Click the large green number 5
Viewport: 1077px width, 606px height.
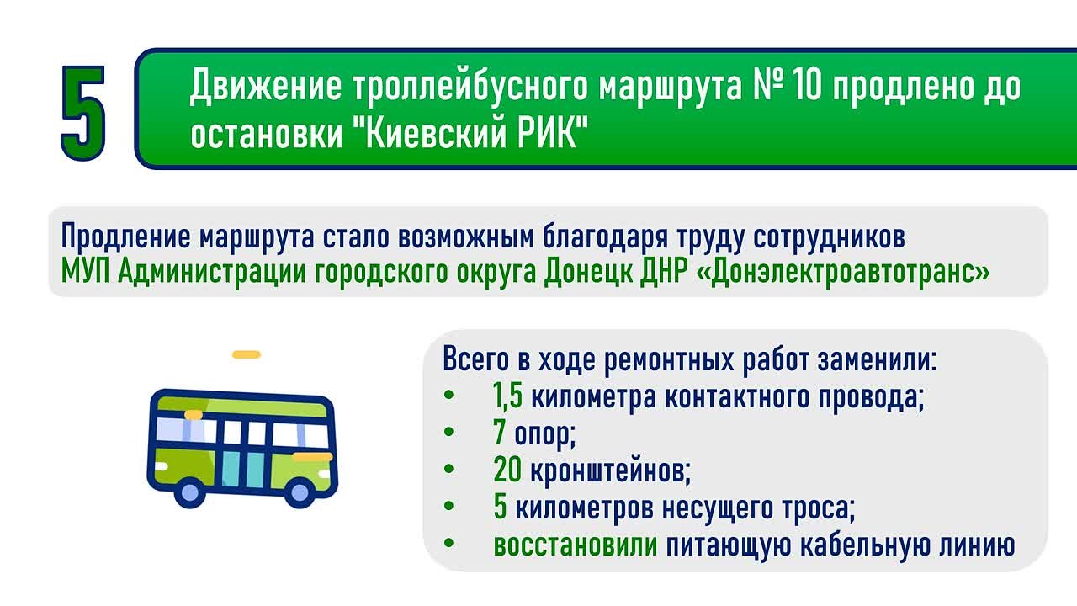pos(83,113)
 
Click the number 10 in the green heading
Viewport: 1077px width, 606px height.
pos(806,86)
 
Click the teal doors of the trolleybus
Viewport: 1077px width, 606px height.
pos(244,469)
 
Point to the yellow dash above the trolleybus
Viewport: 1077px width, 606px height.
pos(247,354)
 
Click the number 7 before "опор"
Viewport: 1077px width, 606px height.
pos(499,432)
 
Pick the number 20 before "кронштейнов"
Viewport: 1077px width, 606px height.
pos(507,469)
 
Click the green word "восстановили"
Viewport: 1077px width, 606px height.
pos(575,545)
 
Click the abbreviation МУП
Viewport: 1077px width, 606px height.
pos(86,272)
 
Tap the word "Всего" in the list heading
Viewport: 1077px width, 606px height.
pos(475,359)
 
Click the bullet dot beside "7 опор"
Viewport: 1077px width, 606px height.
pos(449,432)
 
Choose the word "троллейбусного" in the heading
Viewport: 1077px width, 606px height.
pos(470,87)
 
